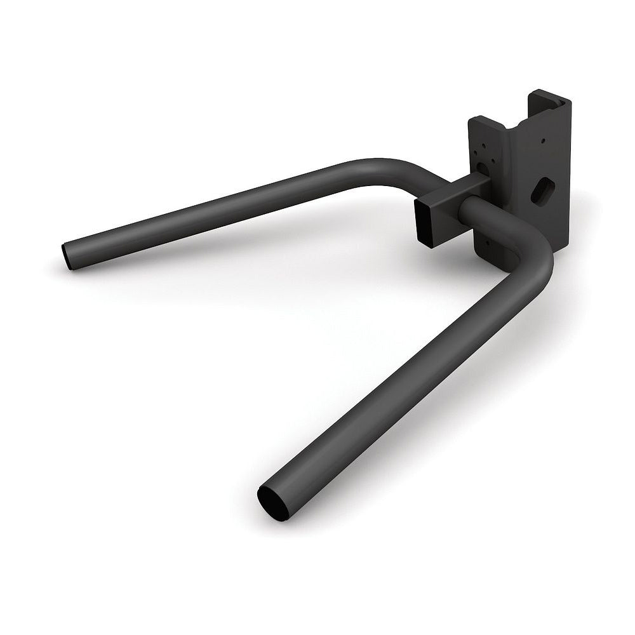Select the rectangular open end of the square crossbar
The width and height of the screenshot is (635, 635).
coord(424,220)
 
